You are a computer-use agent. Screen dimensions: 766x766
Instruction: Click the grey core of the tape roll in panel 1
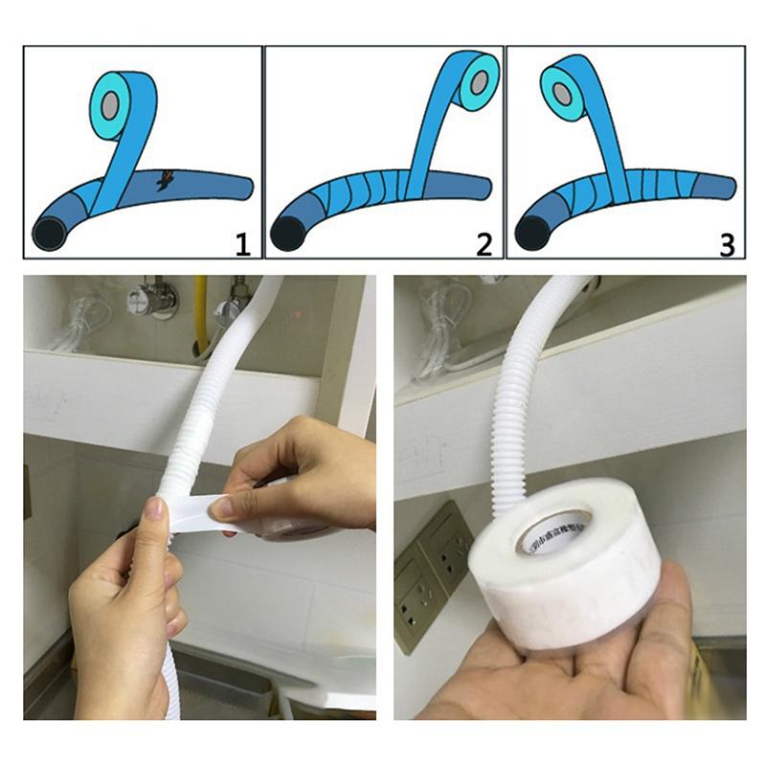111,101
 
